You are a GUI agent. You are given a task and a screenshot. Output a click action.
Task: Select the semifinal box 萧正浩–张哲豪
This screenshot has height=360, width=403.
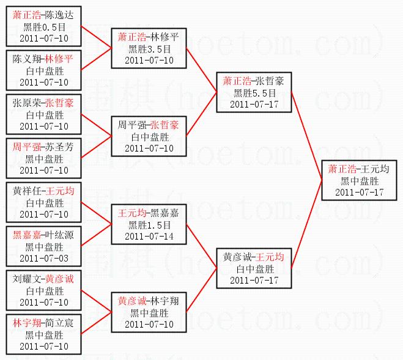click(254, 92)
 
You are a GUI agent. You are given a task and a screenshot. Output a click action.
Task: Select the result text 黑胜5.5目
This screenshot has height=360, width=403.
click(254, 92)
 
